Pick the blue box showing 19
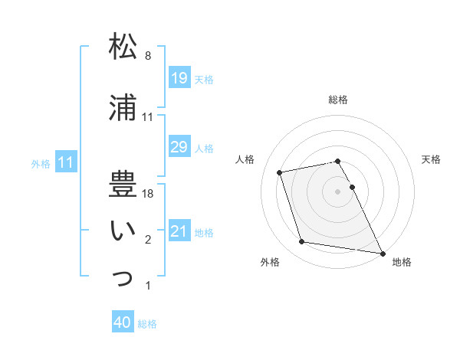tap(179, 78)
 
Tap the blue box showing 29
tap(179, 147)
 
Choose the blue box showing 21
tap(179, 231)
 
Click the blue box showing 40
tap(122, 323)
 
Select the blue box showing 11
tap(65, 162)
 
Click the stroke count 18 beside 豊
tap(149, 194)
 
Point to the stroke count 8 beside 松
tap(148, 56)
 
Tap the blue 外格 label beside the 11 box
tap(41, 163)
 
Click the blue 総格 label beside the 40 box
tap(147, 324)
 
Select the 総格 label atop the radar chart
tap(338, 100)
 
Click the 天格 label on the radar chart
tap(431, 159)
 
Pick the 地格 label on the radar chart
tap(402, 262)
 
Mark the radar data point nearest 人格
tap(280, 172)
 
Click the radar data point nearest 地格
tap(382, 253)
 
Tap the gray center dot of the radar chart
tap(338, 191)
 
